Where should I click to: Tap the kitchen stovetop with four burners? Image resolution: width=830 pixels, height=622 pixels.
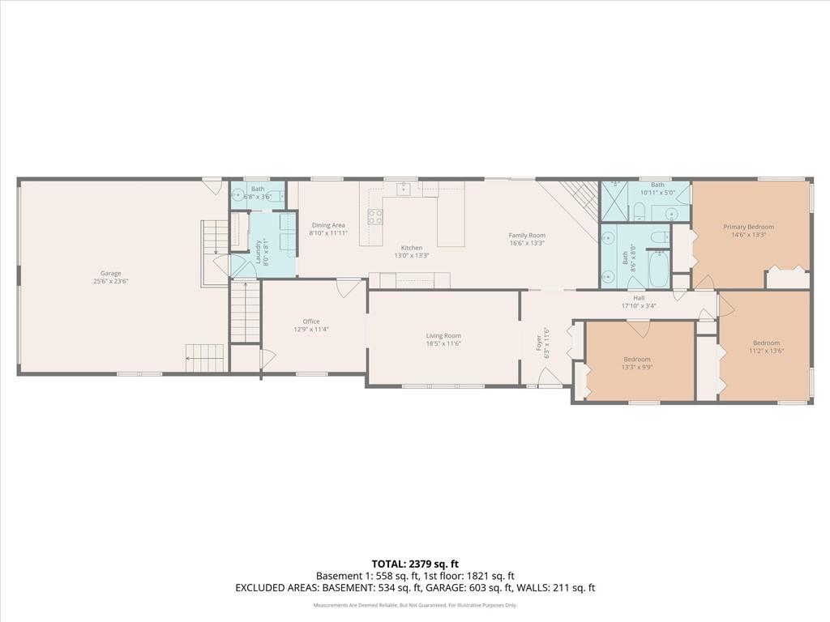point(375,216)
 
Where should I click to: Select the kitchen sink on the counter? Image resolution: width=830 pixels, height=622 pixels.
point(403,189)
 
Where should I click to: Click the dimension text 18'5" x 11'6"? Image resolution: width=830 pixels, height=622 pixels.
point(443,343)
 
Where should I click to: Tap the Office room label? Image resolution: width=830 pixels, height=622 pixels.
point(311,321)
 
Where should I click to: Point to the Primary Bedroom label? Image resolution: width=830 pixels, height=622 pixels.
point(748,227)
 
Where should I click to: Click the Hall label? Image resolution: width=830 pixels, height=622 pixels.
point(639,298)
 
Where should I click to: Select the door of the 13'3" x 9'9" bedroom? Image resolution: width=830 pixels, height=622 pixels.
point(639,329)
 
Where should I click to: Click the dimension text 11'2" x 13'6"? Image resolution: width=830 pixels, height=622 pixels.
point(766,351)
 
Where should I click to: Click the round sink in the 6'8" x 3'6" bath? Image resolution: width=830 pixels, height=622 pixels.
point(237,196)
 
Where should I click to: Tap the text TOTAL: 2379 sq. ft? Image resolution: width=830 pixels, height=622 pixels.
point(415,564)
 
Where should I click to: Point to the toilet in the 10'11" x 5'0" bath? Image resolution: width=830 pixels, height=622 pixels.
point(639,213)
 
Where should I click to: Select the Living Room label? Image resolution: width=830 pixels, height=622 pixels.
point(443,335)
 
